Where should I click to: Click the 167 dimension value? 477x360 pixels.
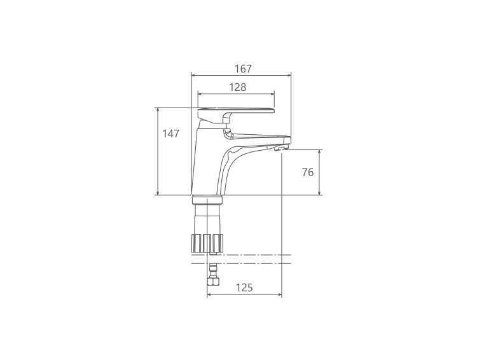pos(244,69)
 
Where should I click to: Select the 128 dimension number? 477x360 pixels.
pos(238,88)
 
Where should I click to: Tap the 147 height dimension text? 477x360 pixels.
pos(170,134)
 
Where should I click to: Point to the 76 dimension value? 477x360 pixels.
pos(308,172)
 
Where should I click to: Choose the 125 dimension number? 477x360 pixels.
pos(244,287)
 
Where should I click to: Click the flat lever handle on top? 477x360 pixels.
pos(236,111)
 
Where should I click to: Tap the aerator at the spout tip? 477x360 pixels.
pos(280,148)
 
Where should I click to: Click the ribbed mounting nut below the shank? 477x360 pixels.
pos(207,242)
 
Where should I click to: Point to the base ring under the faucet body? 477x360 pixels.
pos(207,200)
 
